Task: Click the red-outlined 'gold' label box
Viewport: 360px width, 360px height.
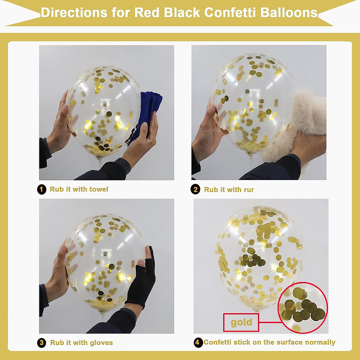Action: coord(241,322)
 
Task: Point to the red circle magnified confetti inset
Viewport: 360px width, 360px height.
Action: coord(303,307)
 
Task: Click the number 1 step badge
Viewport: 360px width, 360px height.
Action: coord(42,189)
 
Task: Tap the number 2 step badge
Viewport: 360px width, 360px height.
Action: coord(195,190)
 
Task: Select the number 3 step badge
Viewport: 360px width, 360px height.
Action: coord(42,343)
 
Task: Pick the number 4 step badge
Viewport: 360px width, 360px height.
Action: coord(198,342)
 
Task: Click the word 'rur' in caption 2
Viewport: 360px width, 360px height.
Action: coord(249,190)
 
